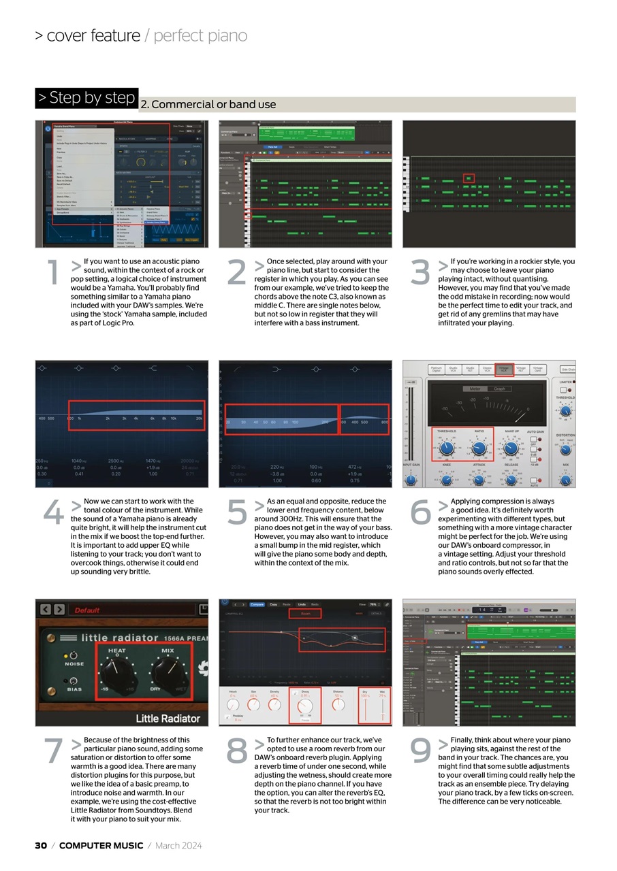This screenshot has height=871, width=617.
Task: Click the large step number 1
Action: click(x=52, y=272)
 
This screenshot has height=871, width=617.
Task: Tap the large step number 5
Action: click(x=236, y=512)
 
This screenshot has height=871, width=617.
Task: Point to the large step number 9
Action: click(x=420, y=751)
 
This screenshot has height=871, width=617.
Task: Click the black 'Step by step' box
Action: click(x=86, y=98)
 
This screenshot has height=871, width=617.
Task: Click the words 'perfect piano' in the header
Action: click(x=200, y=35)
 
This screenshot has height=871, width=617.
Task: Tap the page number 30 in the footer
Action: click(x=41, y=846)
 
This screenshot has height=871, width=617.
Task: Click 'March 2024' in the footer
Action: click(x=178, y=846)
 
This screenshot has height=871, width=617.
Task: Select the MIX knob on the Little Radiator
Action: click(x=168, y=676)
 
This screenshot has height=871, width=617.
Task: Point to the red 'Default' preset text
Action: click(x=87, y=610)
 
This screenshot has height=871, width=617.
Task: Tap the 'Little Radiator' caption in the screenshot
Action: click(x=168, y=718)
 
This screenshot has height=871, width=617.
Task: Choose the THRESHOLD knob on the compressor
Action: click(x=447, y=448)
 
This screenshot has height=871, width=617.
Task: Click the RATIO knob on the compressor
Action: click(x=479, y=448)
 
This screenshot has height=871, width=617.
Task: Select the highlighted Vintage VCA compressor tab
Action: click(x=505, y=369)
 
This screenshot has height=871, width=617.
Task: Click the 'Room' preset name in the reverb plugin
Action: click(x=304, y=613)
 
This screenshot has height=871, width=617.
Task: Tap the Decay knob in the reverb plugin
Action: click(x=305, y=704)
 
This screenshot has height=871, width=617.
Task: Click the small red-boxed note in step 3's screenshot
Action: click(x=468, y=178)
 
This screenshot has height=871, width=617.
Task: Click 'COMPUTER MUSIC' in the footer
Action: click(x=101, y=846)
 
